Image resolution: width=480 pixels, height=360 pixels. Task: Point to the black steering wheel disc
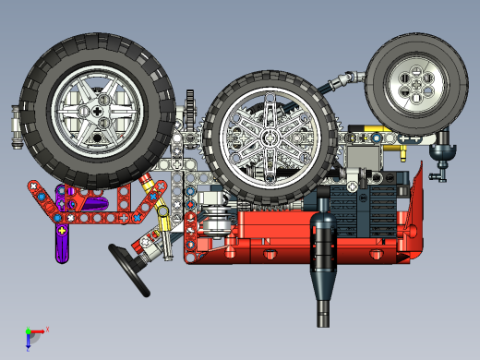(x=128, y=269)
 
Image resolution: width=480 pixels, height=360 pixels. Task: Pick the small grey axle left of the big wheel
(x=15, y=126)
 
